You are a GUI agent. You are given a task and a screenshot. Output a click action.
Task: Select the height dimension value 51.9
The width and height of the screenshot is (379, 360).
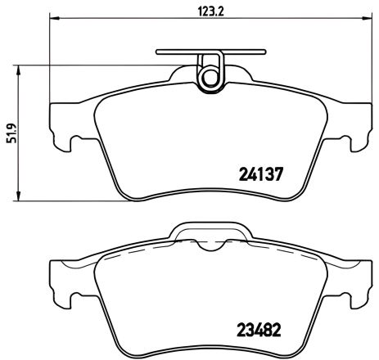tap(11, 131)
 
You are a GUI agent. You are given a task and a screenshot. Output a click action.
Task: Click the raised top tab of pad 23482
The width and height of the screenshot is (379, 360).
tap(205, 232)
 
